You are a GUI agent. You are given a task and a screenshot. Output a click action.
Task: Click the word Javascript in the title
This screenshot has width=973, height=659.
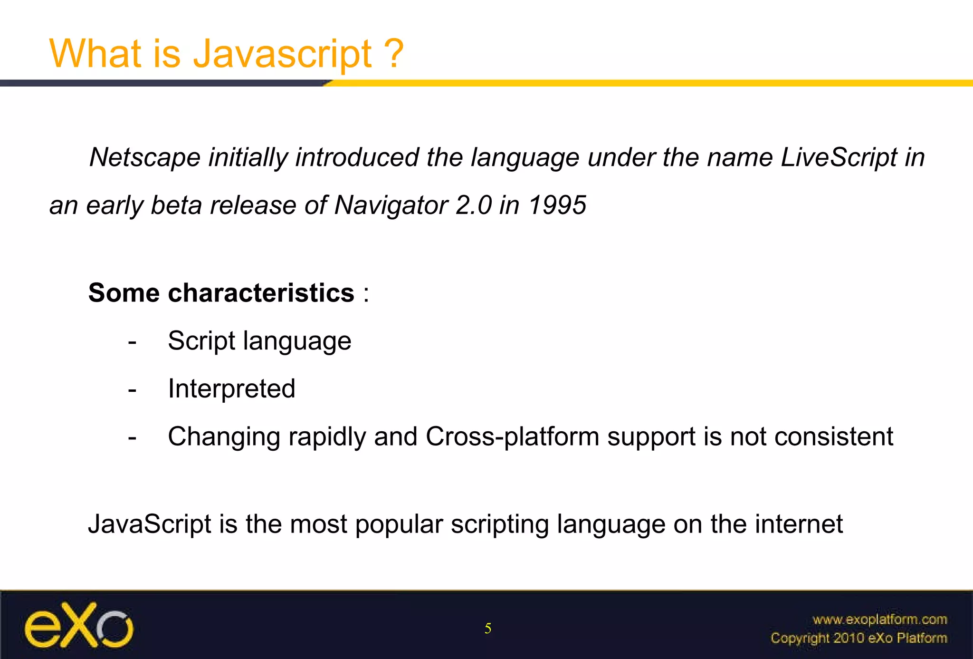[282, 54]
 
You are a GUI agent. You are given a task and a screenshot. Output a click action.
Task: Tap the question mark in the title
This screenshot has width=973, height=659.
[393, 53]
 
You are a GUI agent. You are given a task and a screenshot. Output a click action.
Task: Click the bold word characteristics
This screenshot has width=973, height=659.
[261, 292]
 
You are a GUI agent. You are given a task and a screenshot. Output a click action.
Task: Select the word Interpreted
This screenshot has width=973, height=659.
[231, 388]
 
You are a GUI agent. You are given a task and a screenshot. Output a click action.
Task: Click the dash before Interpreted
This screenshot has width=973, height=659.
[132, 390]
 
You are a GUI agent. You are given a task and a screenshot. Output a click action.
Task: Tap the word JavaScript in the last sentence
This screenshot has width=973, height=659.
[149, 524]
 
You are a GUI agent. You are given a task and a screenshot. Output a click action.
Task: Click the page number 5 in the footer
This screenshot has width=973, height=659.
[488, 629]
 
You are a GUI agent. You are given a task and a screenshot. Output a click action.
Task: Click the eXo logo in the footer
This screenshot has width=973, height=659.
[79, 626]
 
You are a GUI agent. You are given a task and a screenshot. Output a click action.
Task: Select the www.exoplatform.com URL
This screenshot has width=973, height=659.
[879, 620]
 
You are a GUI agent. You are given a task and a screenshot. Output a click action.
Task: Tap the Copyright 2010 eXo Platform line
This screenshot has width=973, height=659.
[859, 638]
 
